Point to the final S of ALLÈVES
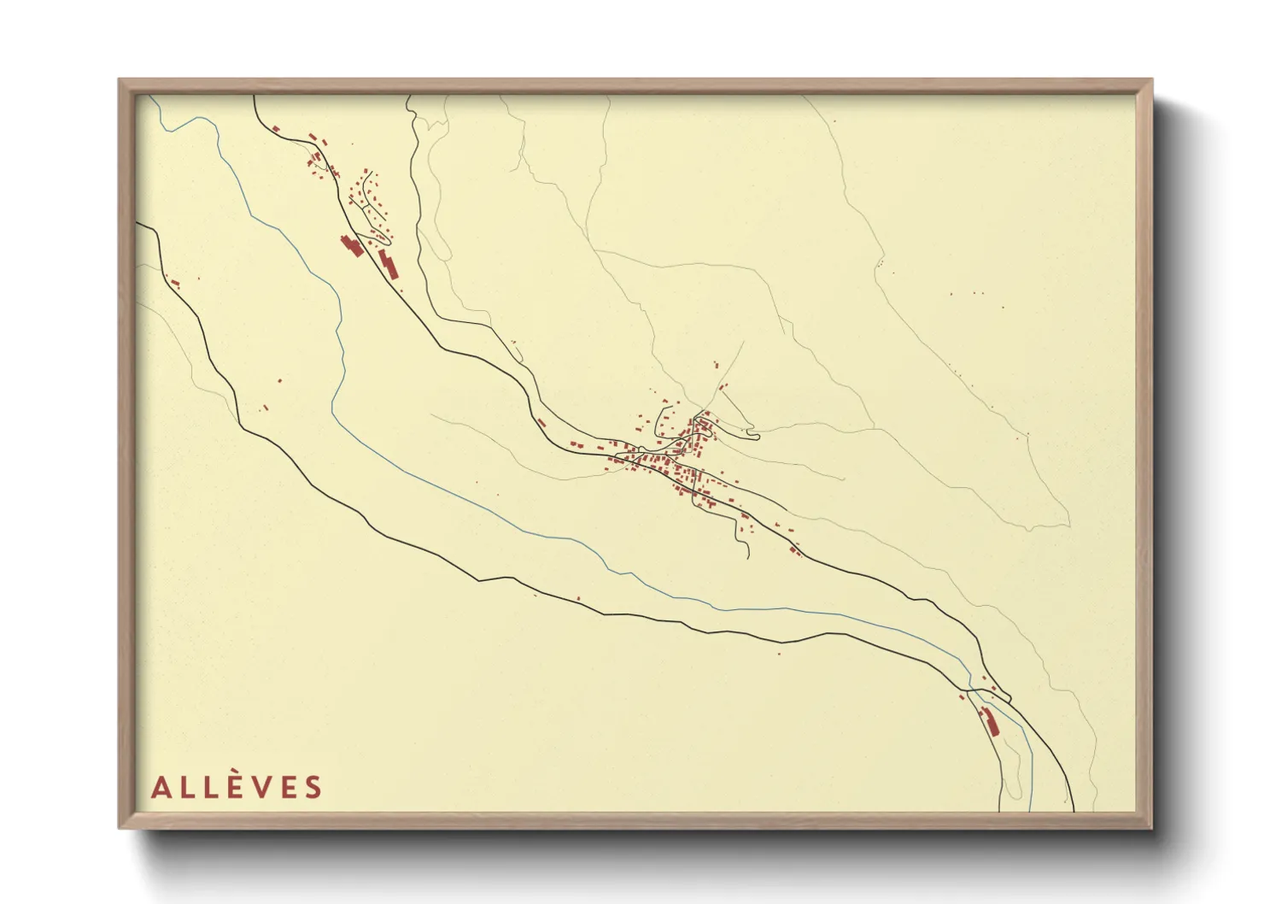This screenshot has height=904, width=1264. pos(313,788)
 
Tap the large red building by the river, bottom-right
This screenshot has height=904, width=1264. pos(991,721)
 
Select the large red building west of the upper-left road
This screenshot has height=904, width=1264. pos(351,246)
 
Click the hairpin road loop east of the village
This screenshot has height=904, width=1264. pos(752,437)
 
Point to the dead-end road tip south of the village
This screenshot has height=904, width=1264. pos(748,557)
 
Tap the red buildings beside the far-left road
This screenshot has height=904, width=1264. pos(176,282)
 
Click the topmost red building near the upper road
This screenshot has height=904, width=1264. pos(276,129)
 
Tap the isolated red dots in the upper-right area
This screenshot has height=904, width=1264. pos(975,293)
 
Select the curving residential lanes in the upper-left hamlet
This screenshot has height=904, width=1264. pos(369,201)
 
